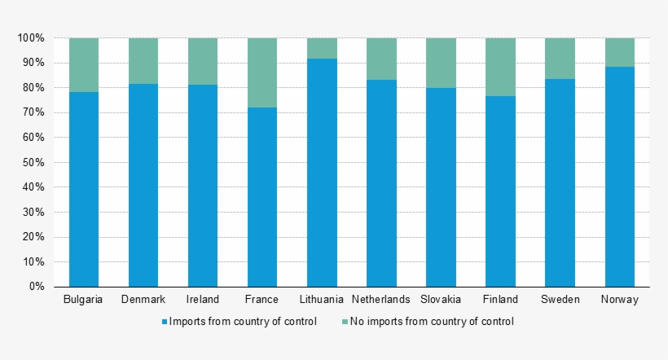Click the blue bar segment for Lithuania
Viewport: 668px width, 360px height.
click(322, 173)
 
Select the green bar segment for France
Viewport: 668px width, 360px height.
click(262, 72)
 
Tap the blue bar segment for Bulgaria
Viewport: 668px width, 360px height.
click(84, 189)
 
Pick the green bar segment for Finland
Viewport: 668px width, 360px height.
click(500, 67)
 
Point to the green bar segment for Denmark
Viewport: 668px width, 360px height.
click(143, 61)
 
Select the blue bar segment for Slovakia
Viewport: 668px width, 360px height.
click(441, 187)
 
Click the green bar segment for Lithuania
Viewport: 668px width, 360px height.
click(322, 48)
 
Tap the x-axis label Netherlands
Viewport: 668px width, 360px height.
click(381, 300)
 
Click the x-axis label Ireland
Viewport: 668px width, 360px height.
click(203, 300)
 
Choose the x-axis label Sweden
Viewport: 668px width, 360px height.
click(560, 300)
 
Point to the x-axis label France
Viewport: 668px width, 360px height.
click(262, 300)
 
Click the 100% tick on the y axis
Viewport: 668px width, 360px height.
click(31, 38)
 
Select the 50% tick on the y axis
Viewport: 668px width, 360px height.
click(33, 163)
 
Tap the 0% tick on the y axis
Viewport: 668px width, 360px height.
click(36, 287)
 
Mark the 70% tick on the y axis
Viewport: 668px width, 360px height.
click(33, 113)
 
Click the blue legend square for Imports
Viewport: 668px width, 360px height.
click(165, 323)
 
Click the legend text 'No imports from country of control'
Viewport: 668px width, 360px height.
click(432, 322)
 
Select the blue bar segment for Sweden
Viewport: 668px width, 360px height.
click(560, 183)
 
